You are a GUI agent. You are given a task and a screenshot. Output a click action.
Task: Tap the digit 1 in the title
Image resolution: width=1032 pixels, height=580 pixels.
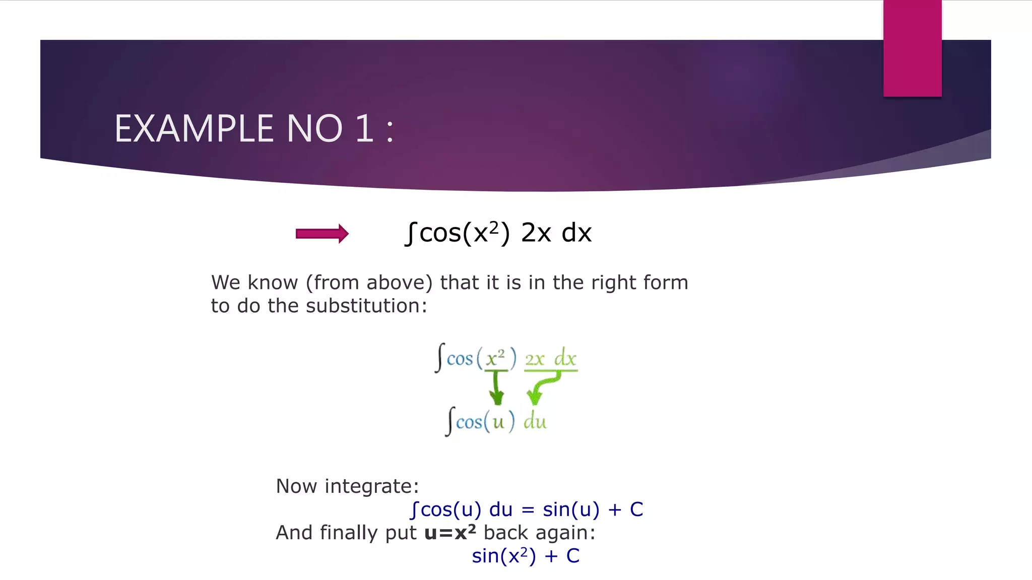pyautogui.click(x=364, y=128)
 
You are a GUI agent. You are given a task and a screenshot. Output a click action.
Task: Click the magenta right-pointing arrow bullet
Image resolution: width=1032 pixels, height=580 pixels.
pyautogui.click(x=322, y=234)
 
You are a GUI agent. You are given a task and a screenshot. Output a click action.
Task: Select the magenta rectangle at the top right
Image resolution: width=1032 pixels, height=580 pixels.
pyautogui.click(x=912, y=48)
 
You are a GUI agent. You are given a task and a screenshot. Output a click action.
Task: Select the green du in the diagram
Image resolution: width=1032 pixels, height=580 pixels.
pyautogui.click(x=535, y=421)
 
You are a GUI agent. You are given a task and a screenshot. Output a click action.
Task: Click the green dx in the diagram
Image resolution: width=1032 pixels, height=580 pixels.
pyautogui.click(x=565, y=358)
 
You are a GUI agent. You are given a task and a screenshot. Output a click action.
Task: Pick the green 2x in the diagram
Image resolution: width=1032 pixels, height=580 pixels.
pyautogui.click(x=535, y=359)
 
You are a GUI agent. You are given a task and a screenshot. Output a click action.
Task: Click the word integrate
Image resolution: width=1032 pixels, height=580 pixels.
pyautogui.click(x=371, y=486)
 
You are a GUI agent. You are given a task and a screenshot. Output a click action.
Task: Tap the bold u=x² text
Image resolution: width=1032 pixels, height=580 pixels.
pyautogui.click(x=450, y=532)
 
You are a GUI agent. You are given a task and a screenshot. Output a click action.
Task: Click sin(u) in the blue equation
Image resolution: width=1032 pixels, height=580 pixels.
pyautogui.click(x=571, y=510)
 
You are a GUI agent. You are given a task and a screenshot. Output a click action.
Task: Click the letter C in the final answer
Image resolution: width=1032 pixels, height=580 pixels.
pyautogui.click(x=573, y=556)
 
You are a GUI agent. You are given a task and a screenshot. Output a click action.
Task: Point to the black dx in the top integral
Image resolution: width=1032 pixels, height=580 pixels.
pyautogui.click(x=576, y=233)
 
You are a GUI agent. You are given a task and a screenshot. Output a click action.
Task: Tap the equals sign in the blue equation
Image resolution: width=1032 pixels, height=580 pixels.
pyautogui.click(x=528, y=510)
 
